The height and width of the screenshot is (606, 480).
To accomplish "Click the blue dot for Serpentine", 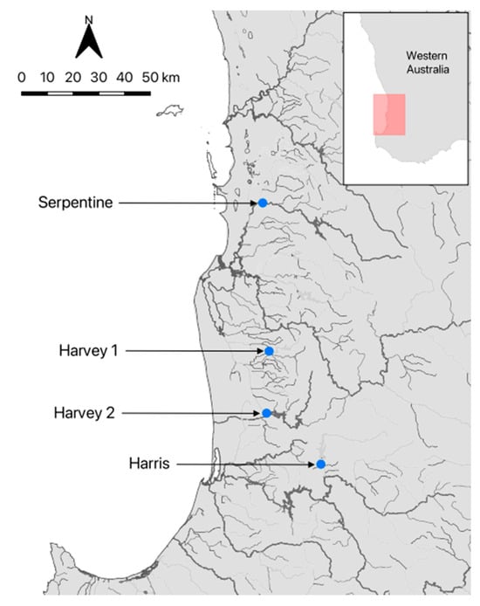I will coord(262,203).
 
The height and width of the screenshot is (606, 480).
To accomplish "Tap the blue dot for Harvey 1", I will coord(269,351).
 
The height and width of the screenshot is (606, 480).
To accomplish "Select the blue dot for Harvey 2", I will coord(266,413).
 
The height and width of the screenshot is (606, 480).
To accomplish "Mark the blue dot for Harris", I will coord(320,465).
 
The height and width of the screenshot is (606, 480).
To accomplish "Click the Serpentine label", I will coord(75,203).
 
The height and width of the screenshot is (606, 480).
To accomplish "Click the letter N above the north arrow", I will coord(90,18).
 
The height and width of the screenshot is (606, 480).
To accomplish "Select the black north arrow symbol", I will coord(90,42).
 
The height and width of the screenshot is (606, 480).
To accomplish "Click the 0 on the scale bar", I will coord(22,77).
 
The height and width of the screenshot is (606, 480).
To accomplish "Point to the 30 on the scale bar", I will coord(99,77).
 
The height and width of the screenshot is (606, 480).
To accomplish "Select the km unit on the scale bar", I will coord(171,77).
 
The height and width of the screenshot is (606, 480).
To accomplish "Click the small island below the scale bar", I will coord(169,111).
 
